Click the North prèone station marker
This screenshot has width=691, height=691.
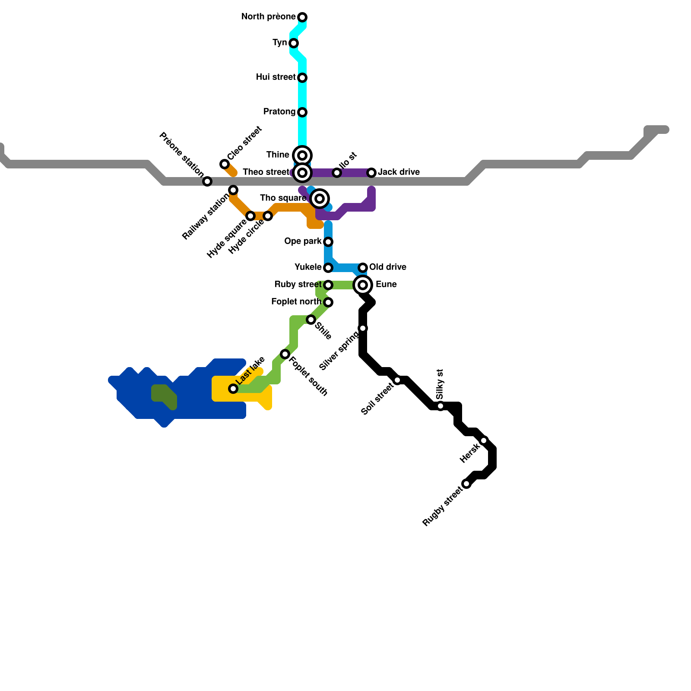(x=302, y=17)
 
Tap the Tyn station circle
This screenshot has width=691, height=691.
(x=294, y=43)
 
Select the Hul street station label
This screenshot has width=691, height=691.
(x=276, y=77)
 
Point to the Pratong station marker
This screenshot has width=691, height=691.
(x=302, y=112)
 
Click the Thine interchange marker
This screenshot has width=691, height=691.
(x=302, y=155)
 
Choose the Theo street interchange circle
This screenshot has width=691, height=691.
(x=302, y=173)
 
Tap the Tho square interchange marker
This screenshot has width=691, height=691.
(x=320, y=199)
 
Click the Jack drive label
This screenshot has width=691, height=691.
(x=399, y=172)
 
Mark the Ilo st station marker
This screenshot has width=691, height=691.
(x=337, y=173)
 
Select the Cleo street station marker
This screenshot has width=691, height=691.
(x=225, y=164)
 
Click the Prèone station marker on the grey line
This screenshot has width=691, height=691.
(x=207, y=181)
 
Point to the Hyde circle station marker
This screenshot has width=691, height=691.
(x=268, y=216)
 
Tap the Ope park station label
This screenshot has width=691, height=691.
(x=303, y=241)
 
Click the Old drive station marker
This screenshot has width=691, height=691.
(x=363, y=268)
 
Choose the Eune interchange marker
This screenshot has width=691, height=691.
(x=363, y=285)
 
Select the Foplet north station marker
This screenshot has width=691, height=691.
(x=328, y=302)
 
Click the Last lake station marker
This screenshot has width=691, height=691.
(x=233, y=389)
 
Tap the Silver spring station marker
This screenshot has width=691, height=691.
(x=363, y=328)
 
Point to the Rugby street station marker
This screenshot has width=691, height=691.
(x=466, y=484)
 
